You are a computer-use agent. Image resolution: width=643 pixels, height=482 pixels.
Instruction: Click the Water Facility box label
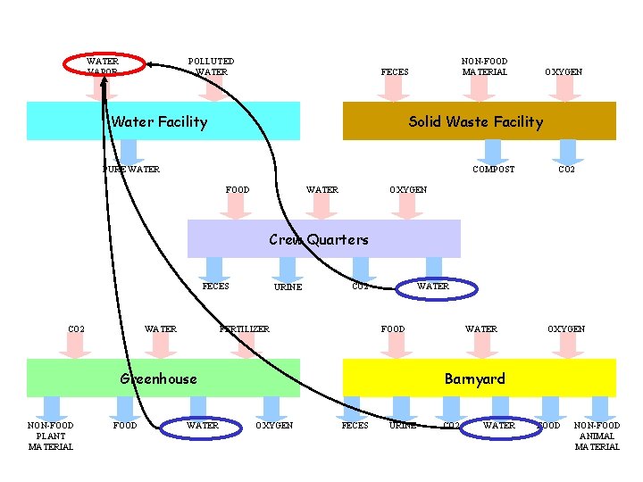(158, 121)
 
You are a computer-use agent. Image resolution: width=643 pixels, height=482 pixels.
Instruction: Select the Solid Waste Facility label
(475, 121)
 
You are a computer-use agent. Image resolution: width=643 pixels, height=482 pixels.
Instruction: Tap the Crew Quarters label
(319, 239)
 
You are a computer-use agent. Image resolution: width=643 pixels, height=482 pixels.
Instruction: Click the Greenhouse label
(158, 378)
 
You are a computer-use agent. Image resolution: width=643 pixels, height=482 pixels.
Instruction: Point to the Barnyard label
(475, 378)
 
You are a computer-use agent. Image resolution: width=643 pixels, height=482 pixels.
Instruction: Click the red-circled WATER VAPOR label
(103, 66)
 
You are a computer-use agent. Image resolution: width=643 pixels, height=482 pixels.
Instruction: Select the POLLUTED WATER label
(212, 66)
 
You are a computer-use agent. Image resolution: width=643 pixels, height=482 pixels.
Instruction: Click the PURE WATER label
(131, 170)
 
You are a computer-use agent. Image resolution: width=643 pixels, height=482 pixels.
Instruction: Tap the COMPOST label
(493, 170)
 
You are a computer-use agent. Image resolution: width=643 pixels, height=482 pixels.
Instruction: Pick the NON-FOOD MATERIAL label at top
(484, 66)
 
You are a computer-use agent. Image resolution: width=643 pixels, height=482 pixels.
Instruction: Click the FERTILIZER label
(245, 329)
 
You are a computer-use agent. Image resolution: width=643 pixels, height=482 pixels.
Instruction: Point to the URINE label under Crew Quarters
(288, 287)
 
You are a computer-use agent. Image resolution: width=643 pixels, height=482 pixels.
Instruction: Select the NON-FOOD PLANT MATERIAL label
(51, 436)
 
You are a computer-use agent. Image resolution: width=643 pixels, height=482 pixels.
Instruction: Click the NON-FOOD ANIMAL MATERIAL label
(597, 436)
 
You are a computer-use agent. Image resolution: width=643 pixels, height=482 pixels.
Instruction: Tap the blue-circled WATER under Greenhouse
(202, 426)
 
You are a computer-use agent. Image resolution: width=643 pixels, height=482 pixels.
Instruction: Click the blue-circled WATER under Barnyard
(498, 426)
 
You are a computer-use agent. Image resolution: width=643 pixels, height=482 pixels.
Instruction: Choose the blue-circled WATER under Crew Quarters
(433, 287)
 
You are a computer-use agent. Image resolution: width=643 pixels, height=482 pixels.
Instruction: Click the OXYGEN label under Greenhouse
(274, 426)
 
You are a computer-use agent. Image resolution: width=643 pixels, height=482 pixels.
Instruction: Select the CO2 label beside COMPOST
(566, 170)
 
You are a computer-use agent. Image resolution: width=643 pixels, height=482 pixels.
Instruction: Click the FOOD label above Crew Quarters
(238, 189)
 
